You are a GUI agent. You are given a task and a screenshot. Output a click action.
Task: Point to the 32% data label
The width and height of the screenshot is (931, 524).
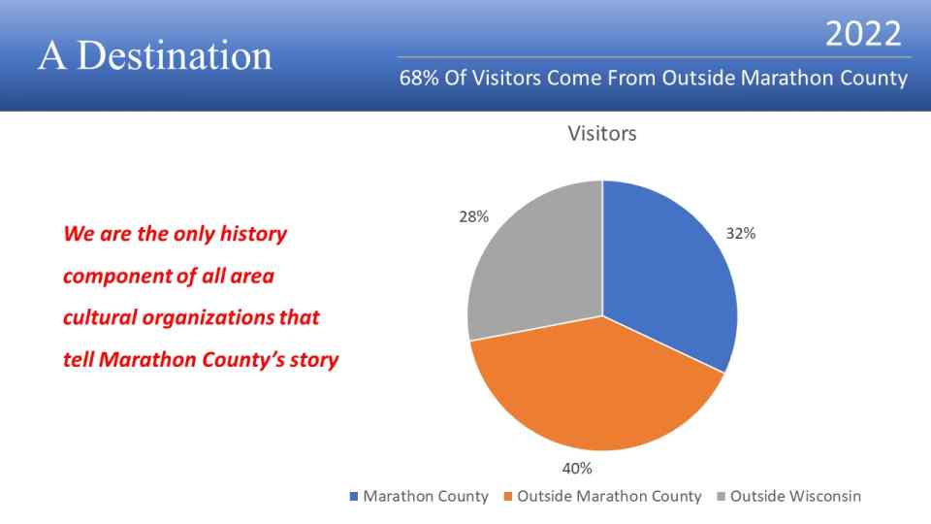[740, 234]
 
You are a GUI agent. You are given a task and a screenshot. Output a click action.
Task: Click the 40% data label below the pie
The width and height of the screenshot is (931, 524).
[576, 468]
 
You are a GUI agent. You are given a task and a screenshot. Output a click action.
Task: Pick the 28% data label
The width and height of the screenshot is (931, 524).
[473, 216]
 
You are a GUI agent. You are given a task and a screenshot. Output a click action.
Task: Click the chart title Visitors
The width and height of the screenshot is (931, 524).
[602, 133]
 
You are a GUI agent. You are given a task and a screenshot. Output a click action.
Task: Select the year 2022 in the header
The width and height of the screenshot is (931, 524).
[863, 34]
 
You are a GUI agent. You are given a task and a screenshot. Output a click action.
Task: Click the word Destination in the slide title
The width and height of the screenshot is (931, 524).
[175, 56]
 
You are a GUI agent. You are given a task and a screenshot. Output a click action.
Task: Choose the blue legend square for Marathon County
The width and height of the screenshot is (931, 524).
[354, 496]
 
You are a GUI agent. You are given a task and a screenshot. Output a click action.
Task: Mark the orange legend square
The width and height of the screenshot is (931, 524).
[507, 496]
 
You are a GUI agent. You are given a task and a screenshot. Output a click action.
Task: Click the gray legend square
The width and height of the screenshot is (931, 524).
[721, 496]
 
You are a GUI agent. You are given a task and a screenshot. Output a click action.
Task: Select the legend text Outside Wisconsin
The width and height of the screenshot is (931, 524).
[795, 496]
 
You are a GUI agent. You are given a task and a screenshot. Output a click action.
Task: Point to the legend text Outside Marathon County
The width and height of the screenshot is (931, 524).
[609, 496]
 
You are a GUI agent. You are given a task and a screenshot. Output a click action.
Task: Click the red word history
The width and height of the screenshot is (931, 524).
[253, 234]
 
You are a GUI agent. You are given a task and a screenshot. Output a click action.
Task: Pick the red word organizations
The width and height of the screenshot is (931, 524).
[209, 318]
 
